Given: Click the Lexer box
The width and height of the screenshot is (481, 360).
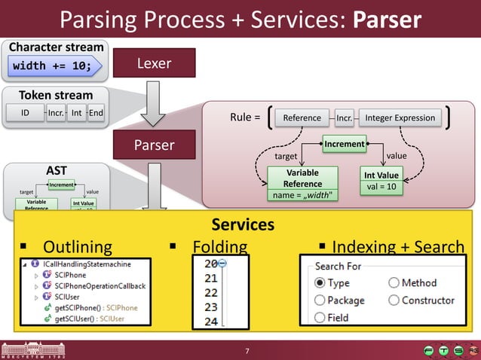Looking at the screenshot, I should (154, 63).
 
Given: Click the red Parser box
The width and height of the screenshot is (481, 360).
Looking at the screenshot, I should (154, 145).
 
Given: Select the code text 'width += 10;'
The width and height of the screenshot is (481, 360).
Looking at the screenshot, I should (52, 66).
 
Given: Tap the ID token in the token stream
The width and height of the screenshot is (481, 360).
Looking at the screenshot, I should (24, 113).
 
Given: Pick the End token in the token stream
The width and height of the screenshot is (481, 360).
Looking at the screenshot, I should (96, 113).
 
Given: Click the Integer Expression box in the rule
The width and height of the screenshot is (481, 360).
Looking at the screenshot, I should (400, 117).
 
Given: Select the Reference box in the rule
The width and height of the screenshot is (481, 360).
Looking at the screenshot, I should (302, 117).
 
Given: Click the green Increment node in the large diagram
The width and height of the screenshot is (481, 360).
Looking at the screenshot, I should (345, 143).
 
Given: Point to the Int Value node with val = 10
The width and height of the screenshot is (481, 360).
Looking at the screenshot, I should (382, 181).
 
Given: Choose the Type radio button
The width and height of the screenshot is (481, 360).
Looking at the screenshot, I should (320, 283).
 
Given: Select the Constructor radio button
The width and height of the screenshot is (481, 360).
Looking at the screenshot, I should (394, 300).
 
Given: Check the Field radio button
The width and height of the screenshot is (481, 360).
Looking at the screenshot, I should (320, 317).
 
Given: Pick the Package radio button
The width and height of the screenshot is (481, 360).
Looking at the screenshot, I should (320, 300).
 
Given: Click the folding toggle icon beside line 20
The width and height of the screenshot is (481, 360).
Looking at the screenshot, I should (223, 263).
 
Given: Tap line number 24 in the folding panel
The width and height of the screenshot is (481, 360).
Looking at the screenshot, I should (210, 322).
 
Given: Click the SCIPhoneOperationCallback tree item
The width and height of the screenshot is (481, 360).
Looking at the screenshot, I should (94, 286).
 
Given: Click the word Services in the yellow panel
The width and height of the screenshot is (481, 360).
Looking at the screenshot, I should (242, 224).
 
